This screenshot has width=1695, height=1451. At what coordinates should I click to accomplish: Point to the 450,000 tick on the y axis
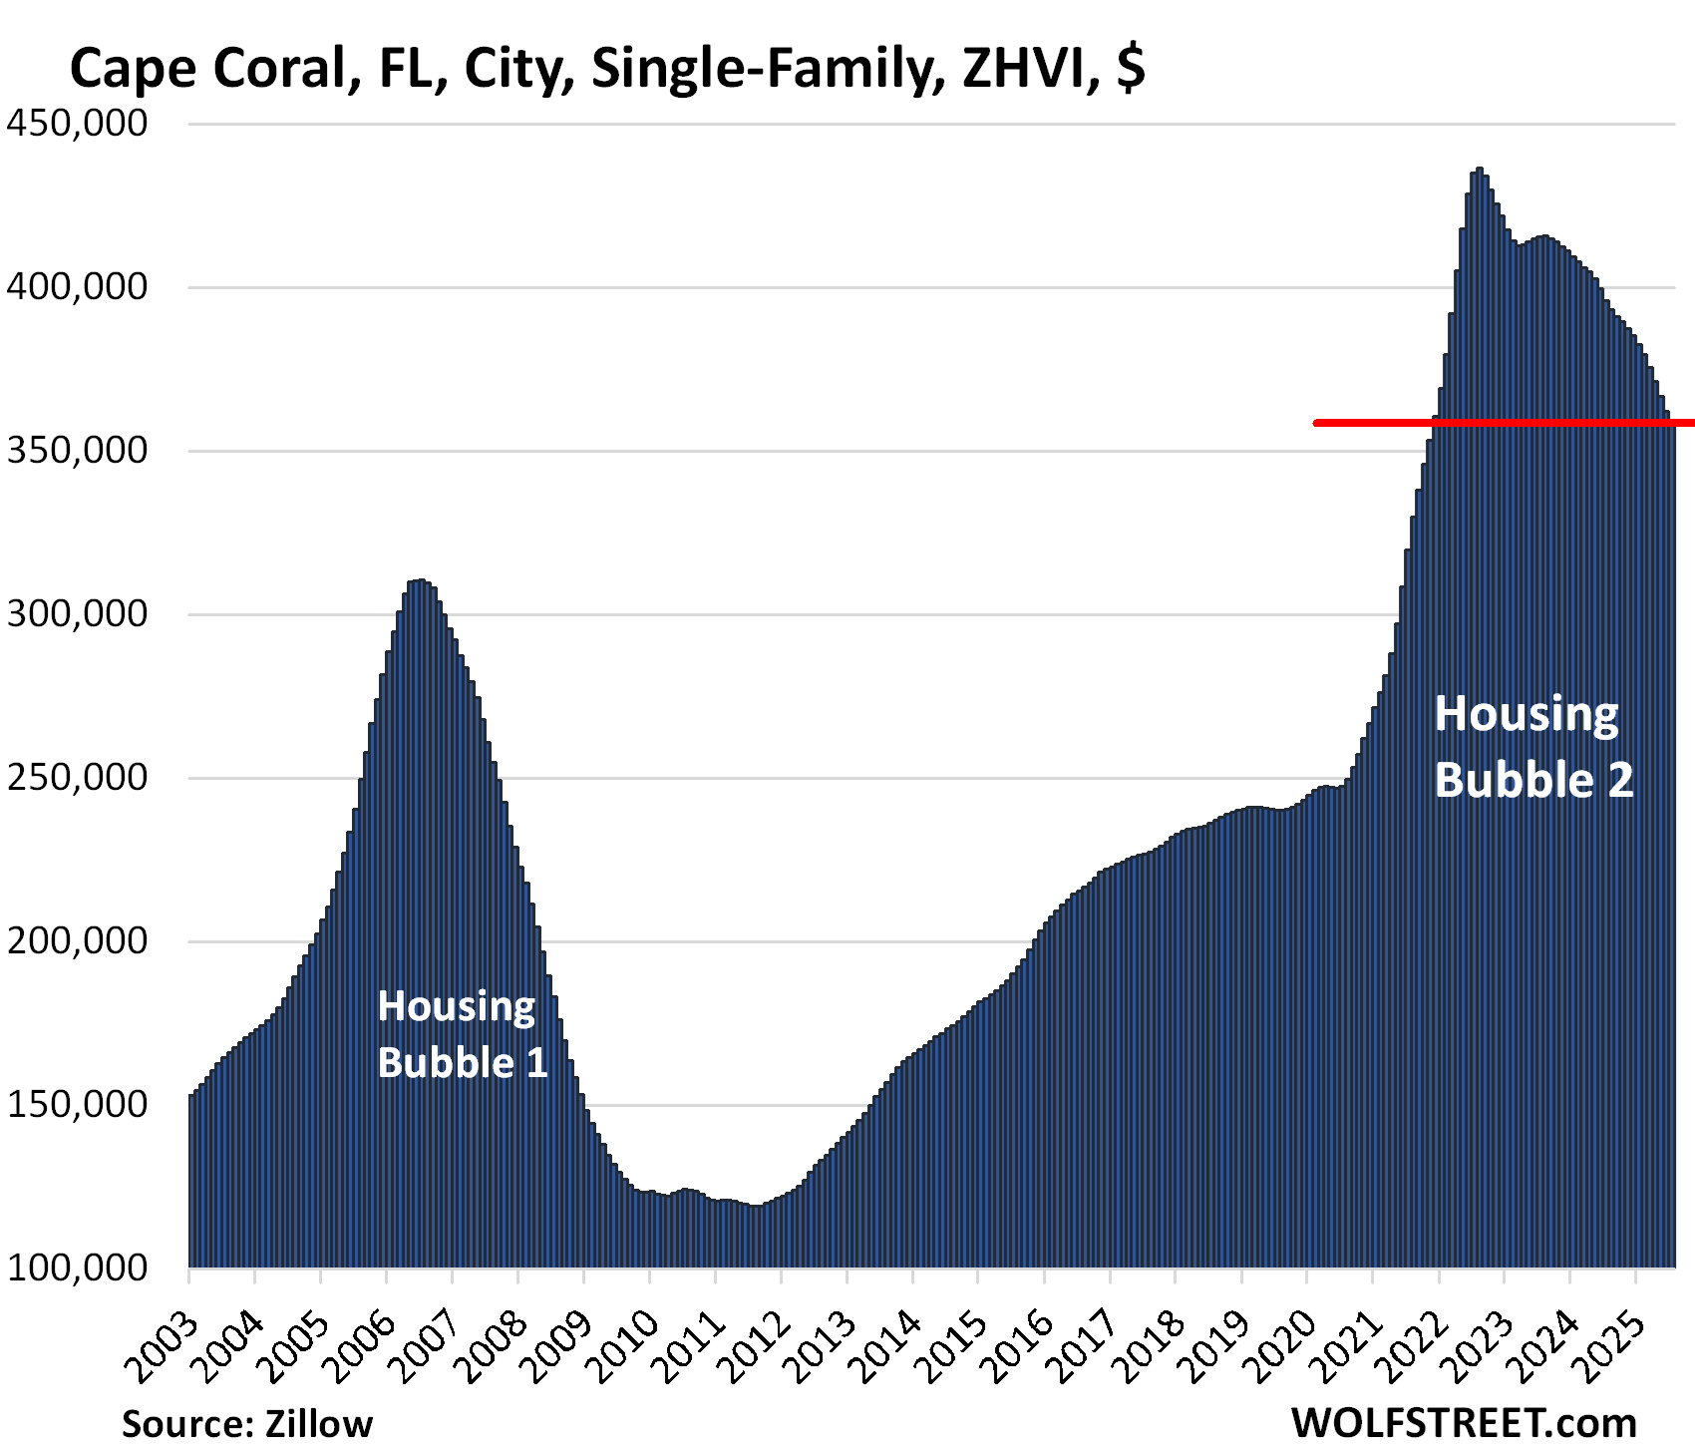tap(77, 124)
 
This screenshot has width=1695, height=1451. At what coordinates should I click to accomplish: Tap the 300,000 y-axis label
tap(77, 613)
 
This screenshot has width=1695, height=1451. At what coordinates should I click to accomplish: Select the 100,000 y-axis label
tap(77, 1268)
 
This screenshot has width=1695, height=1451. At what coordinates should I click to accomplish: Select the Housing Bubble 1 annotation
tap(463, 1034)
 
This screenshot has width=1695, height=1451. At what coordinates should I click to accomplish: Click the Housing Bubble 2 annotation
tap(1533, 747)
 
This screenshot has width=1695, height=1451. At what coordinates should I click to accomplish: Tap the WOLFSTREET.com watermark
tap(1464, 1422)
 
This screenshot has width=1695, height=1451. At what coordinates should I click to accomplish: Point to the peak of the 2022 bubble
tap(1480, 170)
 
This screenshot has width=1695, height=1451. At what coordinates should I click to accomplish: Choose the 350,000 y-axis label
tap(77, 451)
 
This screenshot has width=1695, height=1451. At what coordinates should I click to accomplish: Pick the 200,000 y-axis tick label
tap(77, 940)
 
